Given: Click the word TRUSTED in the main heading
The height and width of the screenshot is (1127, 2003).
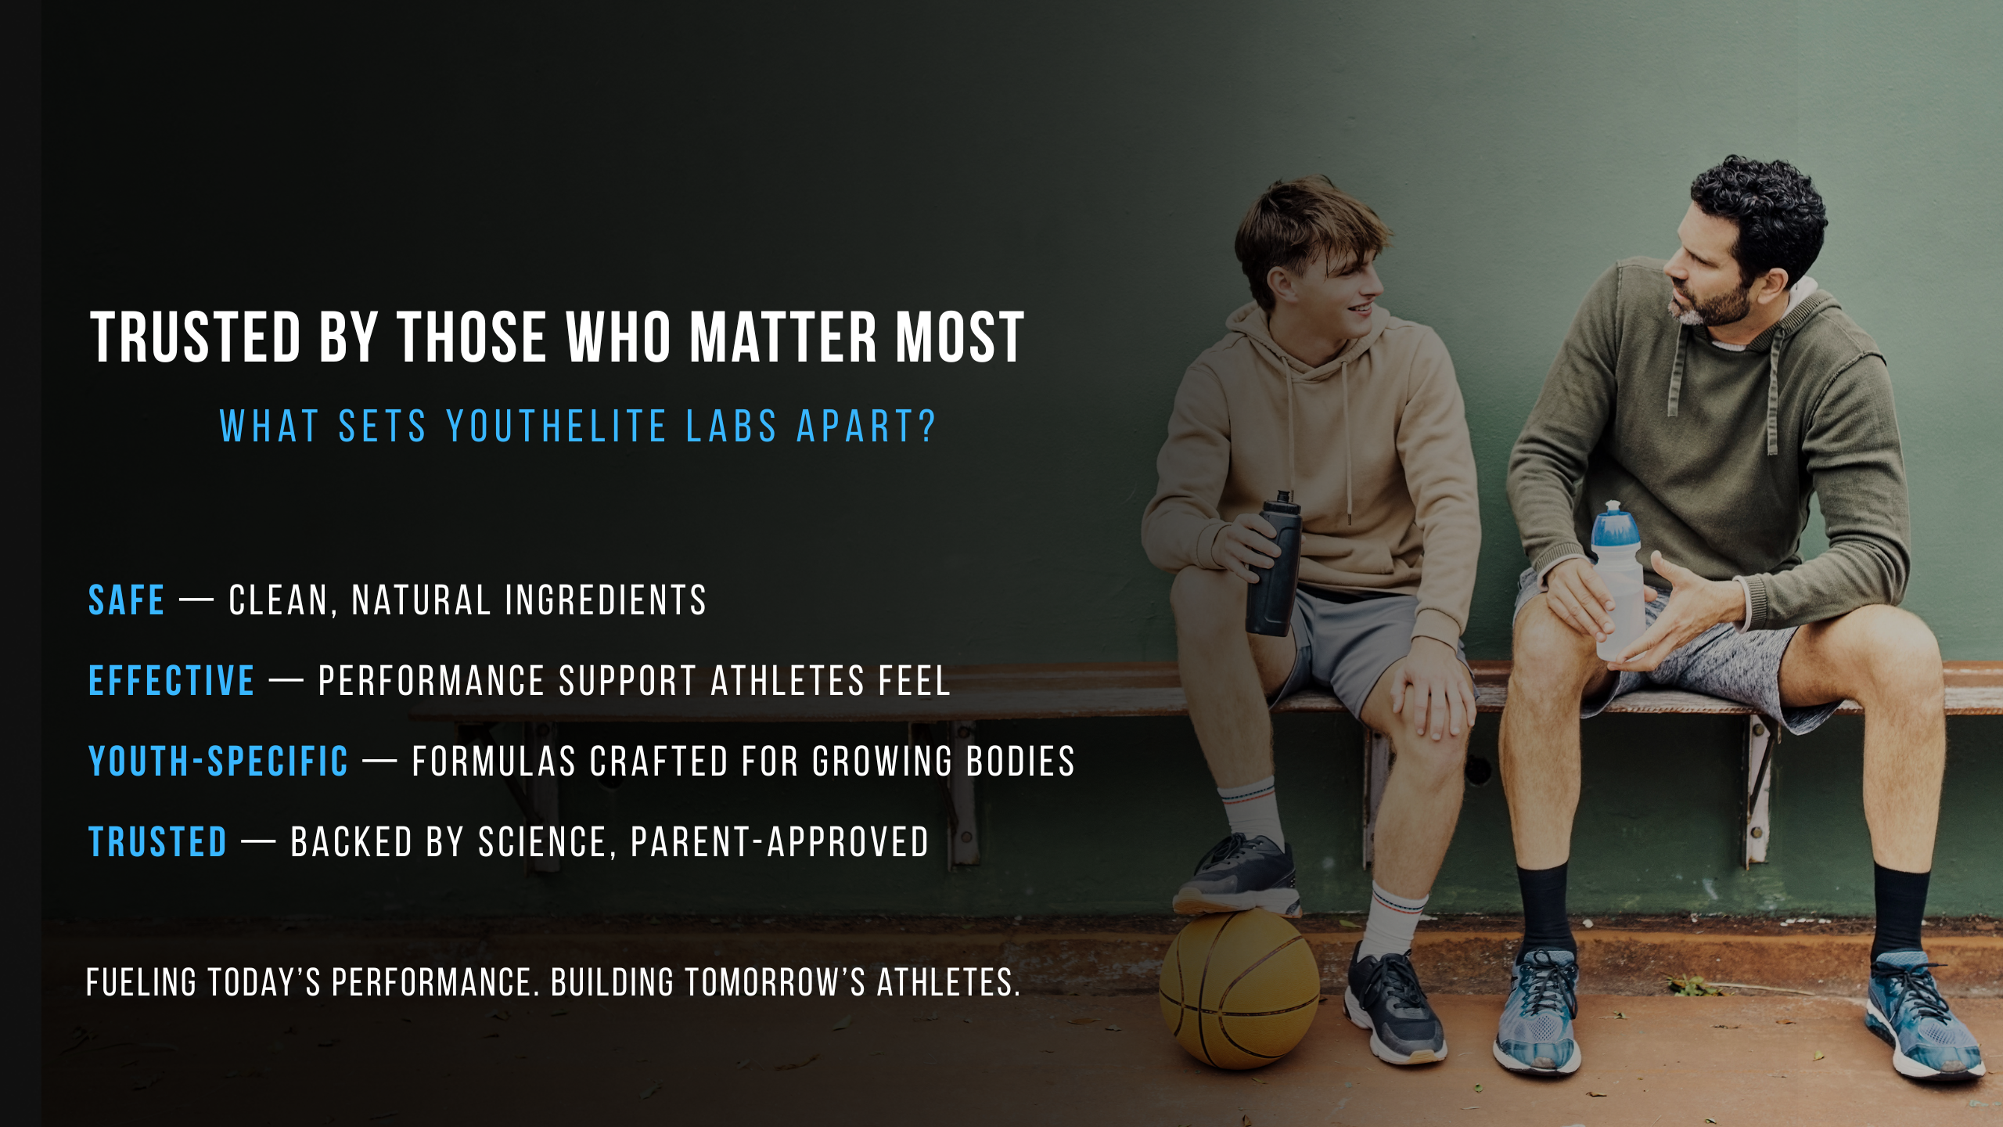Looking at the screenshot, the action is pos(196,337).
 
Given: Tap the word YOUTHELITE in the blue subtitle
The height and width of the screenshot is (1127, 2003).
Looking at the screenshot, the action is pos(556,427).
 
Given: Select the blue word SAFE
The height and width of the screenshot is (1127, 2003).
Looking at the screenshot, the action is pos(126,600).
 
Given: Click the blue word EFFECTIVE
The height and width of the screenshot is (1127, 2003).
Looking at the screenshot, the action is pos(171,680).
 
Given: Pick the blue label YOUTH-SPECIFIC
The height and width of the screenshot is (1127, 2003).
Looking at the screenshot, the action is pos(218,761).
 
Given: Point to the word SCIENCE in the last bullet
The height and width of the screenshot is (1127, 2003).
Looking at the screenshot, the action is pos(541,842).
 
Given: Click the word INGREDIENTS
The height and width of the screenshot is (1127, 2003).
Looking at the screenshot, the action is pos(606,600).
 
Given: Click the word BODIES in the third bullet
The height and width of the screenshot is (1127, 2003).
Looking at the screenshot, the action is pos(1020,761).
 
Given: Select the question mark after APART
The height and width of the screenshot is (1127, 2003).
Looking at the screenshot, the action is pos(927,427).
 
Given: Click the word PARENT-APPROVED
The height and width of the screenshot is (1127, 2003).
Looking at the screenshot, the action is pos(779,842).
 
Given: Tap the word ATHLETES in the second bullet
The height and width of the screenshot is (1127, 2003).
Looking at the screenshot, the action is pos(787,680).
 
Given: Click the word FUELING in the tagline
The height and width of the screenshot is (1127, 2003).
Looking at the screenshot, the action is pos(142,982).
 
